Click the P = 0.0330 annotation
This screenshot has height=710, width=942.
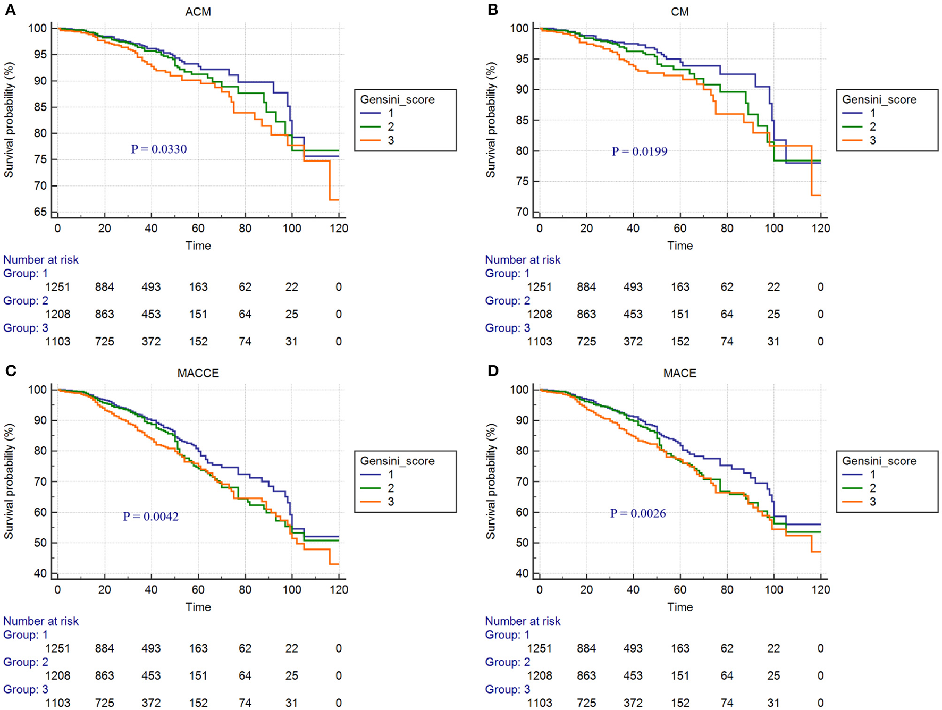pos(158,149)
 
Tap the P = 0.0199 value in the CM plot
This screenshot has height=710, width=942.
pos(639,151)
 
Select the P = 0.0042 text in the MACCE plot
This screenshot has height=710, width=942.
pos(150,517)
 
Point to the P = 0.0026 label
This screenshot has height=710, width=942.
pos(637,513)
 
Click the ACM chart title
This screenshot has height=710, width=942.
pos(198,12)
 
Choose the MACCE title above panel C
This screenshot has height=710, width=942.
pos(198,373)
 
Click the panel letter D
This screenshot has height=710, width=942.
pos(493,371)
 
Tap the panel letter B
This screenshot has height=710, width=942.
pos(493,10)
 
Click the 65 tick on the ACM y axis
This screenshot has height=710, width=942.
pos(40,212)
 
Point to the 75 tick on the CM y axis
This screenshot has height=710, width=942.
pos(523,182)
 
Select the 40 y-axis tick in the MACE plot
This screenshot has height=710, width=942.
pos(523,573)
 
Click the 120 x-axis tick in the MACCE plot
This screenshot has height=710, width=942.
pos(339,590)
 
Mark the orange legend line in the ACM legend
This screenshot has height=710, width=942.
pos(370,140)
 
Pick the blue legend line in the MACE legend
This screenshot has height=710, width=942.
pos(852,475)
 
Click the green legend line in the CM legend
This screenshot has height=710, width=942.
pos(852,127)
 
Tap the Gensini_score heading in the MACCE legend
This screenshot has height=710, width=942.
pos(397,461)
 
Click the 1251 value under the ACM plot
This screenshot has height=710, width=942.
pos(57,287)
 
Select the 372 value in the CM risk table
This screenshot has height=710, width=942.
pos(633,342)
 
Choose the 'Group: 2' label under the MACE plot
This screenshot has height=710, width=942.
pos(507,662)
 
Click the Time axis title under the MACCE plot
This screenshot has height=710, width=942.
pos(198,607)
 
